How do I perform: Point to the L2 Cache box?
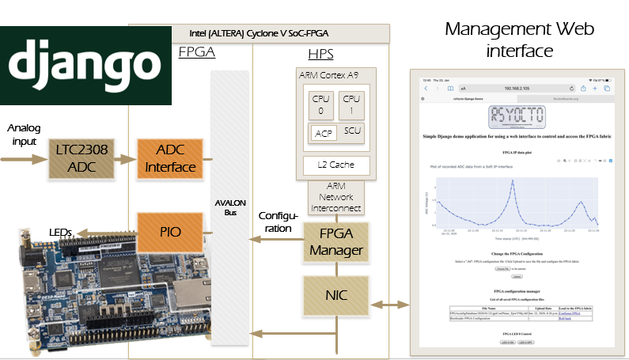click(x=336, y=165)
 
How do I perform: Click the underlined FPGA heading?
click(x=196, y=53)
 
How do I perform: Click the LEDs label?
click(x=60, y=231)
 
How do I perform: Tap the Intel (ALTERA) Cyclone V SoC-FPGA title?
click(x=259, y=33)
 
